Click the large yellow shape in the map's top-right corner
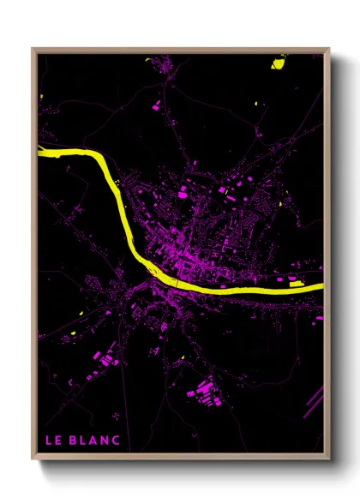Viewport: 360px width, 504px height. [279, 62]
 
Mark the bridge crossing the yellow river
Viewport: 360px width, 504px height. [175, 282]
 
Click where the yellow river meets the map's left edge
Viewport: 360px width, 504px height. [40, 152]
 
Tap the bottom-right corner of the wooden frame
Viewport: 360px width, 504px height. [328, 457]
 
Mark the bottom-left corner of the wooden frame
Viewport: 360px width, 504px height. [33, 457]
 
